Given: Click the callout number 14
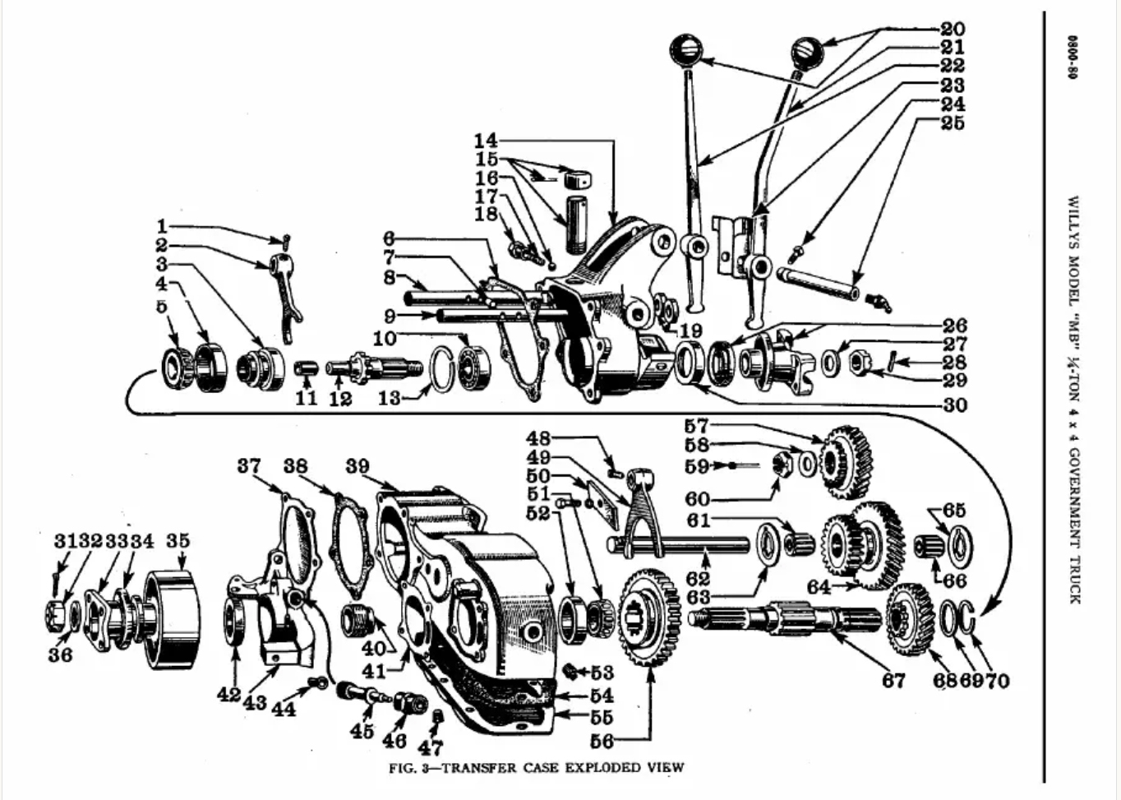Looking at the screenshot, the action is (x=486, y=141).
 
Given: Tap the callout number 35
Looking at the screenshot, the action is (x=178, y=541).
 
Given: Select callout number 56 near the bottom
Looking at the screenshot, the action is (x=602, y=741).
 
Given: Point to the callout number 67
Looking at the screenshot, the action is (x=894, y=681).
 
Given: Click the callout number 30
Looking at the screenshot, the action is (x=955, y=405).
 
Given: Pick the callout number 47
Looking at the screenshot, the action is (x=431, y=748).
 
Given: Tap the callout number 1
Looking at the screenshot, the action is (x=162, y=227).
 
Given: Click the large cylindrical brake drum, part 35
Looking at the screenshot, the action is (x=172, y=620).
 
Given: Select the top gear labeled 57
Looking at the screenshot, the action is (x=847, y=462).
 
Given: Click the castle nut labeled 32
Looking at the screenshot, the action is (x=56, y=616).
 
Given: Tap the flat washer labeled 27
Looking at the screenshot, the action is (x=831, y=365).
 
